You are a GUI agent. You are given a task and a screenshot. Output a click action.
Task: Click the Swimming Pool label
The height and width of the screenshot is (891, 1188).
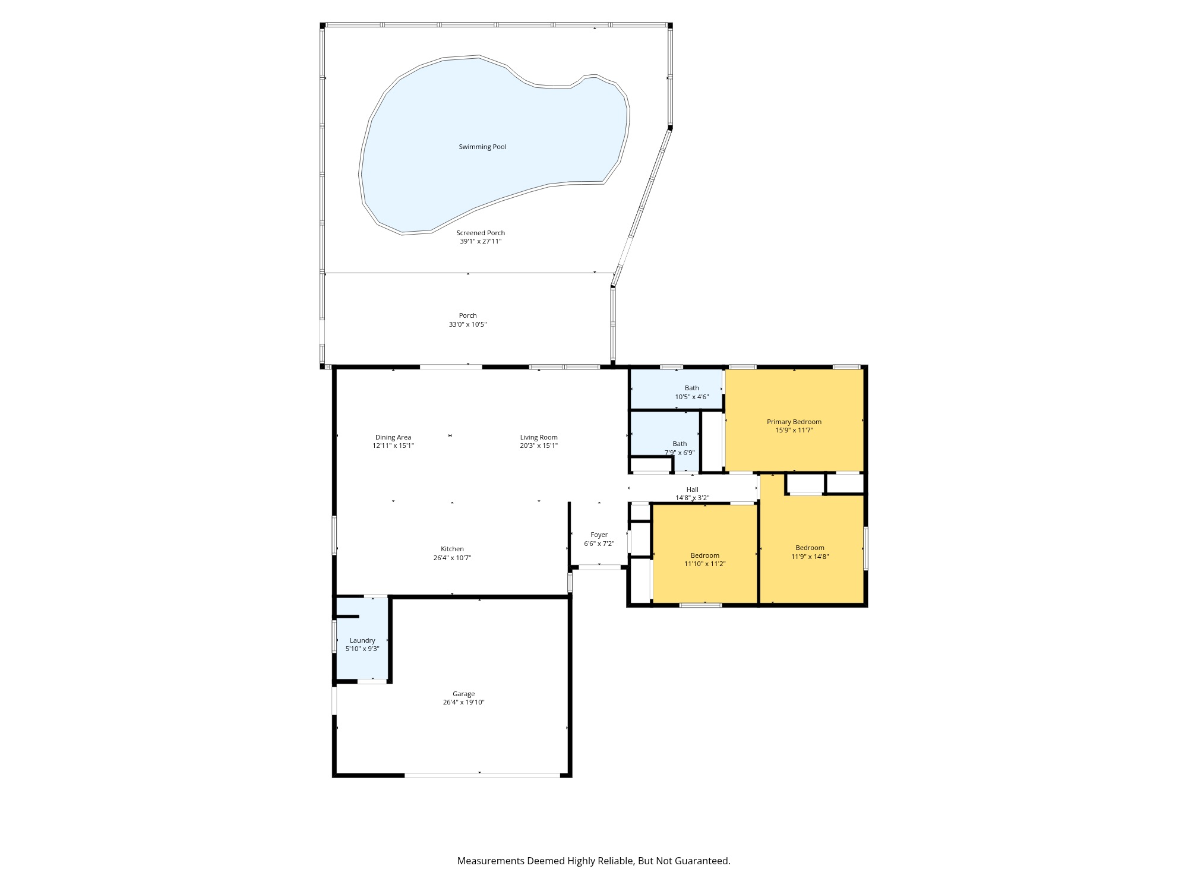pos(482,147)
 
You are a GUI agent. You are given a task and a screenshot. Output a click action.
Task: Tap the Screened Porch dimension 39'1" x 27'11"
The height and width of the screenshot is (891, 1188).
pos(481,241)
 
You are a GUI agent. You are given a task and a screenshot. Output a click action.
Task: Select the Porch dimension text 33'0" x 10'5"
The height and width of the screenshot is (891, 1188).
pos(467,324)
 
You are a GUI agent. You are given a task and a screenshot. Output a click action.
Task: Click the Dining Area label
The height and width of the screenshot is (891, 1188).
pos(393,437)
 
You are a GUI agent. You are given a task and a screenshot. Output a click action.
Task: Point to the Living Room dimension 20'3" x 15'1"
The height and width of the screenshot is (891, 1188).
pos(539,445)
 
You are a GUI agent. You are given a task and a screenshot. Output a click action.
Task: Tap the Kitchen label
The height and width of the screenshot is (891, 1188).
pos(452,549)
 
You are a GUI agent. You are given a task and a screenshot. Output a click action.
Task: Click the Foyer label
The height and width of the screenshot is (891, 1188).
pos(599,535)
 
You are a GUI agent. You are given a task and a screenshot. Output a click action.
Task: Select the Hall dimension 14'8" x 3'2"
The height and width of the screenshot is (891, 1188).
pos(692,498)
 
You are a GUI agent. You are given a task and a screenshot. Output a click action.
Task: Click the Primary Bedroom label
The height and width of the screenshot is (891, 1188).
pos(794,422)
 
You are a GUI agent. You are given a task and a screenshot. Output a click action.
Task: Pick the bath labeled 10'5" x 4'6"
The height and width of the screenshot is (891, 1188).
pos(691,392)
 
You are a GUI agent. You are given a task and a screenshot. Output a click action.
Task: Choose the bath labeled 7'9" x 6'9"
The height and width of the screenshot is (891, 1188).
pos(680,448)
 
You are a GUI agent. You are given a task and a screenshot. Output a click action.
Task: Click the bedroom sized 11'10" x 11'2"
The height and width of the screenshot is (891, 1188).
pos(704,560)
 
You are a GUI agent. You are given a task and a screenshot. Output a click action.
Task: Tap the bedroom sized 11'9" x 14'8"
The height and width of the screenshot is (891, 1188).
pos(810,552)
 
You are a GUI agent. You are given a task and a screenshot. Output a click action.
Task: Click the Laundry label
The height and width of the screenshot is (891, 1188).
pos(362,640)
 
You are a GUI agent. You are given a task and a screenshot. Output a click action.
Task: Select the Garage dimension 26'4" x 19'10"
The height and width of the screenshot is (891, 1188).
pos(463,702)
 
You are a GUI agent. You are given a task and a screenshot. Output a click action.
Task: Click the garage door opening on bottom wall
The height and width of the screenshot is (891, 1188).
pos(482,775)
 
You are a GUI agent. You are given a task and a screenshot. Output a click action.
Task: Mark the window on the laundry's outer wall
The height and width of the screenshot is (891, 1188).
pos(334,636)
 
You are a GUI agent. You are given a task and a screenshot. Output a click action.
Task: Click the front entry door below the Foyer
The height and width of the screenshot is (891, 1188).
pos(599,567)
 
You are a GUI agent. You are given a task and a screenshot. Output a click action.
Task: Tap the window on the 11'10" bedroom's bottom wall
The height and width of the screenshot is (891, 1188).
pos(701,605)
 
